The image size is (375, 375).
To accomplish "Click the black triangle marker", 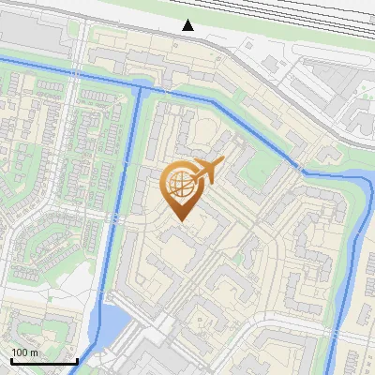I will tap(188, 25).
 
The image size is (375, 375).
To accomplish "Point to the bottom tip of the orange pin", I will tap(180, 221).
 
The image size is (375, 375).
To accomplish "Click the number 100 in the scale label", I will tap(21, 352).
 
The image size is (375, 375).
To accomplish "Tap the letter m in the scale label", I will tap(35, 352).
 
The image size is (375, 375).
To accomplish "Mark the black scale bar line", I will tap(43, 361).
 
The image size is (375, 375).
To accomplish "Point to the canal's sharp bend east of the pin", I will tap(302, 171).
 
